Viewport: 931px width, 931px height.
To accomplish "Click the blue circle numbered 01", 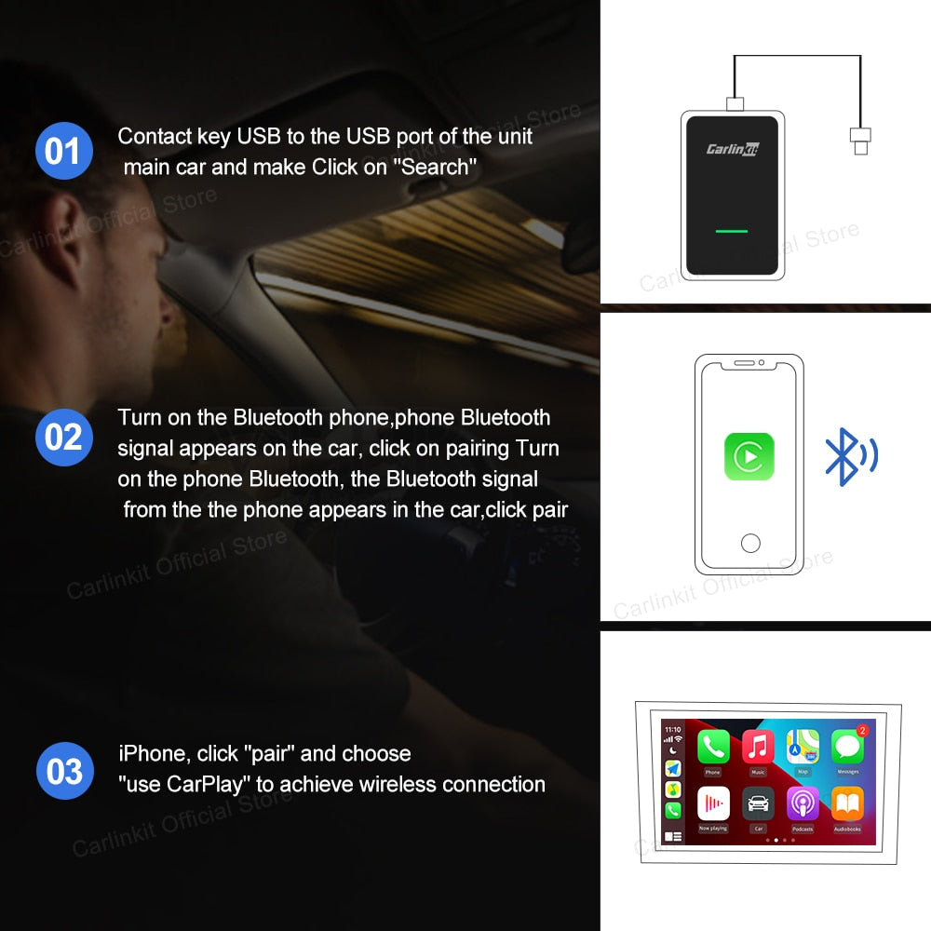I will tap(63, 150).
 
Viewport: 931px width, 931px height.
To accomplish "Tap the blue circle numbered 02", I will tap(63, 437).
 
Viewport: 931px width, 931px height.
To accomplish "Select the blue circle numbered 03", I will tap(63, 771).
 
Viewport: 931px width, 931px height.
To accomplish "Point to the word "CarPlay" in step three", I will tap(207, 784).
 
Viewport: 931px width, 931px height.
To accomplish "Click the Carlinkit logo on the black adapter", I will tap(732, 148).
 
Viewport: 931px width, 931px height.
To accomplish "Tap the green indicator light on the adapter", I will tap(732, 229).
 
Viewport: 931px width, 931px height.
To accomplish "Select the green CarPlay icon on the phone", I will tap(749, 455).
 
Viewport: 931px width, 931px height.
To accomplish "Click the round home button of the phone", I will tap(749, 543).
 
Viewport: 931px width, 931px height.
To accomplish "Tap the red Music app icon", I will tap(758, 748).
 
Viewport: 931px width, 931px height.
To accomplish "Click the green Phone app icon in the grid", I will tap(713, 748).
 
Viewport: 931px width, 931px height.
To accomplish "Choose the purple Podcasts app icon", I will tap(803, 803).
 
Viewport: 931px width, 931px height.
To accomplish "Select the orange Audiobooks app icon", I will tap(847, 803).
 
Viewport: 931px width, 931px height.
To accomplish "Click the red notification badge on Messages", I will tap(862, 731).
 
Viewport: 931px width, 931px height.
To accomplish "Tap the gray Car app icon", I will tap(758, 803).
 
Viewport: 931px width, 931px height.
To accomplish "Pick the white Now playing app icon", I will tap(713, 803).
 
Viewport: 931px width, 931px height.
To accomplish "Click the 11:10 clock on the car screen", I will tap(672, 729).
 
